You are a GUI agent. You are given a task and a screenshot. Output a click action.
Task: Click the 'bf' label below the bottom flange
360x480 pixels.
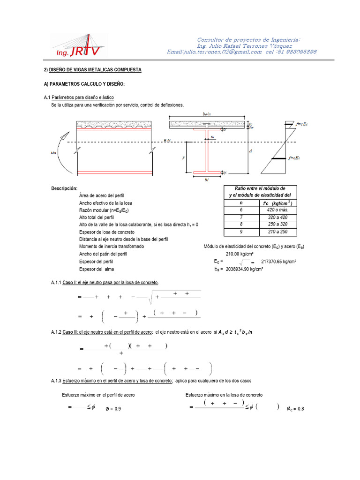208,180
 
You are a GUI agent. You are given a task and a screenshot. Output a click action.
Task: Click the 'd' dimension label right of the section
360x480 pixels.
251,151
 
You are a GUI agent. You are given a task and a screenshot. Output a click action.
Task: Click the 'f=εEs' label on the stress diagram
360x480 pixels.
297,158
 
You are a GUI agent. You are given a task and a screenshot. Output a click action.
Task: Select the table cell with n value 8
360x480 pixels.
241,225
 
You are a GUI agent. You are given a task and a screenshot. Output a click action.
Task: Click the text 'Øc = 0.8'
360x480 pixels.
295,409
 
